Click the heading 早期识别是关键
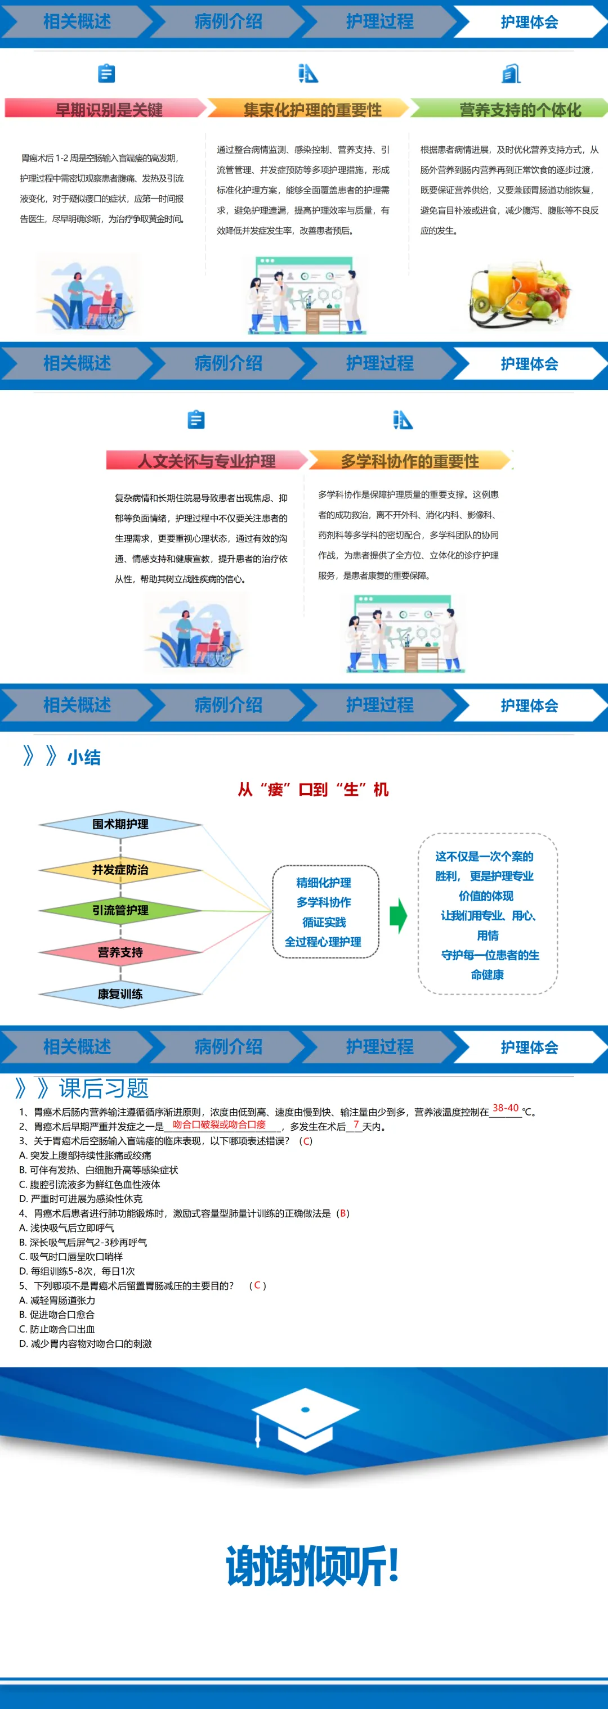pos(108,110)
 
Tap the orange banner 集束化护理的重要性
pos(312,110)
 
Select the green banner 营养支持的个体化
pos(520,110)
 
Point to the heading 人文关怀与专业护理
pos(207,460)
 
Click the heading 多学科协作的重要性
pos(409,460)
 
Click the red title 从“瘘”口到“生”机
pos(312,789)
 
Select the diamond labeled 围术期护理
pos(120,824)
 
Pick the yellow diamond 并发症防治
pos(120,869)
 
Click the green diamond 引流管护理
pos(120,910)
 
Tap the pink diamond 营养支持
pos(120,952)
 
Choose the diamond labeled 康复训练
pos(120,993)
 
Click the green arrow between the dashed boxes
pos(397,916)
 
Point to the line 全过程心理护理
pos(323,941)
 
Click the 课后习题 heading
pos(103,1088)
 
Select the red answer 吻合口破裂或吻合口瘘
pos(219,1124)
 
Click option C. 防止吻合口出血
pos(57,1329)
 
